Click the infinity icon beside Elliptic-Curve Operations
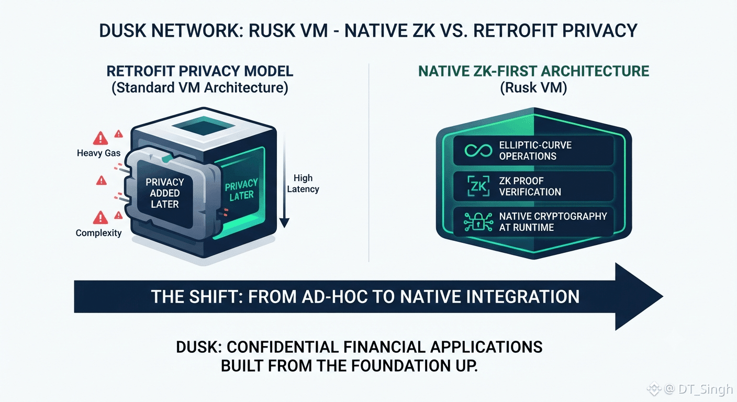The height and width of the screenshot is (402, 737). pos(478,151)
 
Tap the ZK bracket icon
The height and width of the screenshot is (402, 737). pos(478,186)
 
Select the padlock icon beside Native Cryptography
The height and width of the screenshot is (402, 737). pos(478,221)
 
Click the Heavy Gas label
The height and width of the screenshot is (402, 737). pos(99,153)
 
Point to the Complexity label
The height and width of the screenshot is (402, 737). pos(99,233)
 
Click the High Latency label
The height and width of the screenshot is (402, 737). pos(303,184)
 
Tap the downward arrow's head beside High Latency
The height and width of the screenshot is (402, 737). pos(285,222)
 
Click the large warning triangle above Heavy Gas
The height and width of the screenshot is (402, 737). pos(100,138)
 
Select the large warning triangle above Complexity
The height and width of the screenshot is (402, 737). pos(100,217)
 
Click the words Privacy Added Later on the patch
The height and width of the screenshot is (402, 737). pos(164,193)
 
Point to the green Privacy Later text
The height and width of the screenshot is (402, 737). pos(241,190)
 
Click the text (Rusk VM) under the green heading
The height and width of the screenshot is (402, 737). pos(533,88)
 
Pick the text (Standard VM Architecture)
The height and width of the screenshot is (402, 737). pos(200,88)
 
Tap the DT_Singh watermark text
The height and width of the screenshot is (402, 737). pos(706,389)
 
